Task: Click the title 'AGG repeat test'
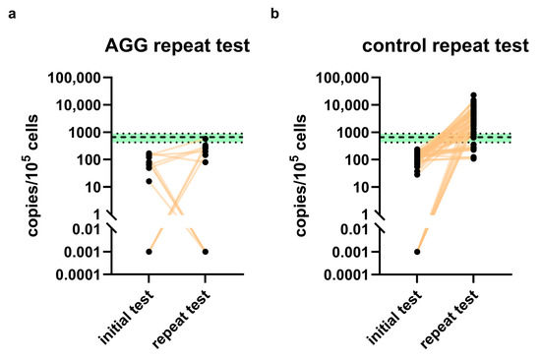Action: click(x=177, y=46)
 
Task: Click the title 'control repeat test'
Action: click(x=446, y=45)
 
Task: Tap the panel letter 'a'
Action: click(x=12, y=15)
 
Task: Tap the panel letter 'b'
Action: click(x=274, y=14)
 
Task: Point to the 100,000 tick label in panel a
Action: click(x=74, y=78)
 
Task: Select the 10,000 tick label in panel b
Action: click(x=346, y=105)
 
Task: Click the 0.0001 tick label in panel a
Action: click(x=79, y=275)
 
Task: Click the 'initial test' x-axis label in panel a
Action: click(x=126, y=317)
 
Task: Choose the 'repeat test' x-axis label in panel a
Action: click(x=181, y=319)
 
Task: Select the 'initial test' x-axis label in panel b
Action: click(x=394, y=317)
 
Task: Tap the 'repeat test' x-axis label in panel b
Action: click(x=450, y=319)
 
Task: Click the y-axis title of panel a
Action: click(x=32, y=176)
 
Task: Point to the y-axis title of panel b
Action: click(x=301, y=176)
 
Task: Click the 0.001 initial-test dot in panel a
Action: click(x=150, y=252)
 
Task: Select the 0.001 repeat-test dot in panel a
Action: click(x=206, y=252)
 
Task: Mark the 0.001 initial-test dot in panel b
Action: click(x=417, y=252)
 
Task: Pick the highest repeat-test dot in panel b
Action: click(x=473, y=95)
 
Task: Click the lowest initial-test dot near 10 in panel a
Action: click(x=150, y=181)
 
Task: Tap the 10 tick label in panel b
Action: click(x=361, y=187)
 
